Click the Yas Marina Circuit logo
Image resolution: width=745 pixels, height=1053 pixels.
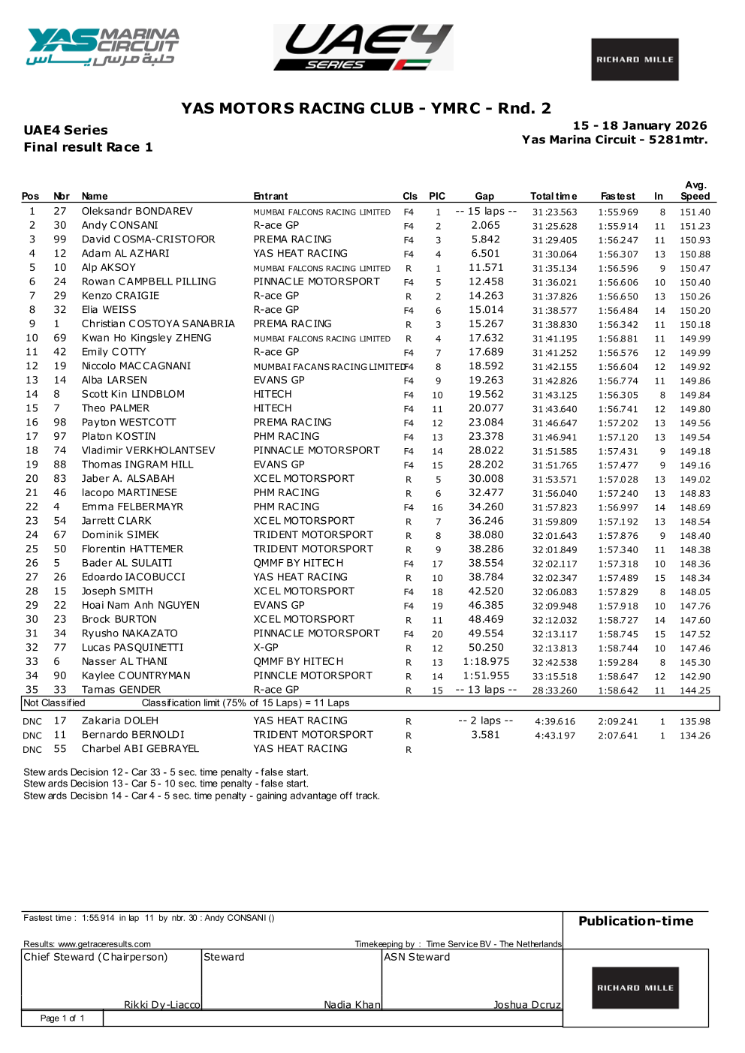click(103, 47)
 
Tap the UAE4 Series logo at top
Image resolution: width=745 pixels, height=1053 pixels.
click(363, 47)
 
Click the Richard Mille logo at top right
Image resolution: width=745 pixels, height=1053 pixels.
click(635, 59)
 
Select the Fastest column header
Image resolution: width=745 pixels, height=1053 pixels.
click(617, 197)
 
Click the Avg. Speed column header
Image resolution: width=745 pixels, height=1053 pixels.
click(695, 191)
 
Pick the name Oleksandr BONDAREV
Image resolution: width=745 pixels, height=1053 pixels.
click(137, 212)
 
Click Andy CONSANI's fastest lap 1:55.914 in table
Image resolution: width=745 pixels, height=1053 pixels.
click(617, 226)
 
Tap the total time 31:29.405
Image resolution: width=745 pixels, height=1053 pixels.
click(554, 240)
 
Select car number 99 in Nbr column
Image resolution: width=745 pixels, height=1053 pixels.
click(60, 239)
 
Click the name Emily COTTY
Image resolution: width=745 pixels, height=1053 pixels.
click(113, 352)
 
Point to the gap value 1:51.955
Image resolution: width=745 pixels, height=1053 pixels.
click(486, 675)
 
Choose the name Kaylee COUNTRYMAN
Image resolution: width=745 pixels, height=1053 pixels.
click(136, 675)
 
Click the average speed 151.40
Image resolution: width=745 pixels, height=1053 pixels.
click(695, 212)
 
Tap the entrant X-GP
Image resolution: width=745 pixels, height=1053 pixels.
click(266, 648)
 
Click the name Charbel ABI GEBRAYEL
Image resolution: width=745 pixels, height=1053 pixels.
click(140, 749)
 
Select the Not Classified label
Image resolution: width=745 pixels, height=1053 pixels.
click(54, 703)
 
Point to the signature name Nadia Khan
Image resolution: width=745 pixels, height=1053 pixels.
click(352, 1005)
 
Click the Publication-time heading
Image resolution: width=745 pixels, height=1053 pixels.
click(635, 921)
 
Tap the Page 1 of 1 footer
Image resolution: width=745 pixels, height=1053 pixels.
click(62, 1018)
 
